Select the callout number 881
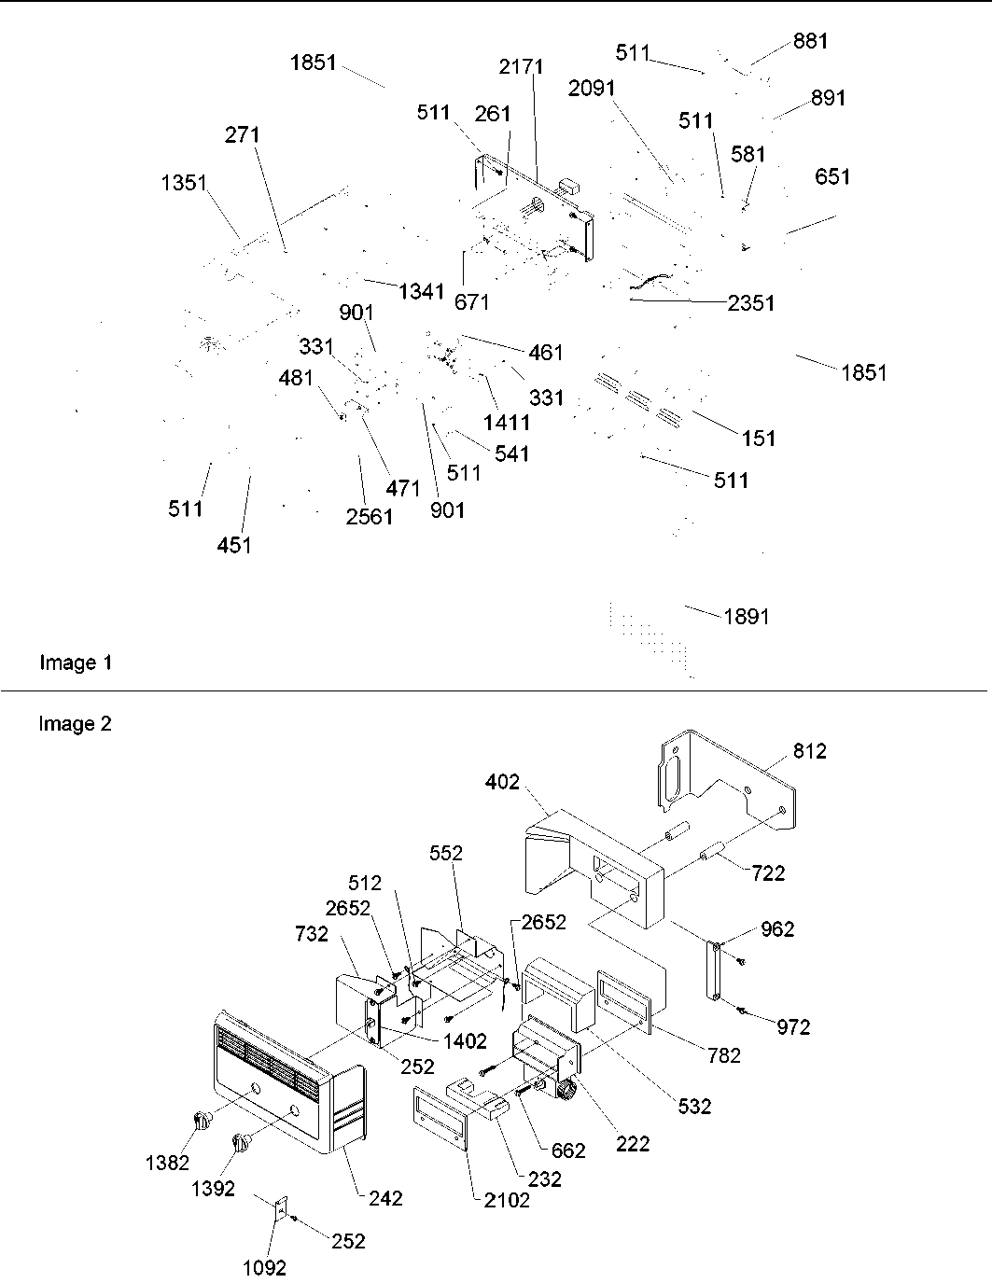pyautogui.click(x=810, y=41)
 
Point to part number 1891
pyautogui.click(x=747, y=617)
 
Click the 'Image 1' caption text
pyautogui.click(x=76, y=662)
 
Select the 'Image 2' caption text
pyautogui.click(x=76, y=724)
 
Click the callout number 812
pyautogui.click(x=809, y=751)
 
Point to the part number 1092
pyautogui.click(x=264, y=1267)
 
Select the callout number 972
pyautogui.click(x=793, y=1027)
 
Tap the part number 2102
pyautogui.click(x=507, y=1200)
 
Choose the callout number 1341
pyautogui.click(x=421, y=292)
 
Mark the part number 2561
pyautogui.click(x=370, y=516)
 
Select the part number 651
pyautogui.click(x=832, y=176)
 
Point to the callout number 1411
pyautogui.click(x=507, y=422)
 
